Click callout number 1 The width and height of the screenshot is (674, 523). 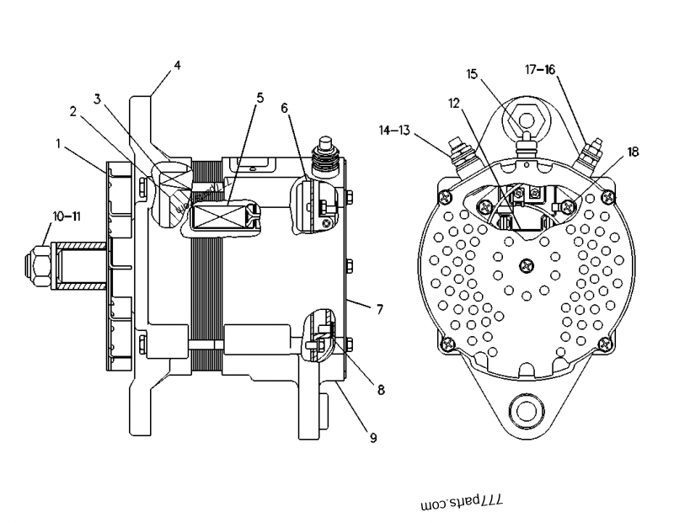coord(58,144)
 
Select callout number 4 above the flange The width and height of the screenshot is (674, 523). coord(177,64)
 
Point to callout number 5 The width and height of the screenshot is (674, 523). coord(259,98)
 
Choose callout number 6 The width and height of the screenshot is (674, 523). coord(284,108)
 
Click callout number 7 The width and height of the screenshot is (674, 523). coord(380,310)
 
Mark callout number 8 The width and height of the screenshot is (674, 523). coord(381,390)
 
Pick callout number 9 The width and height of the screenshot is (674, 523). coord(372,437)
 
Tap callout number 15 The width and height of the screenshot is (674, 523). coord(473,74)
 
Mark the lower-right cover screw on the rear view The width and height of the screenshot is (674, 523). coord(603,342)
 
